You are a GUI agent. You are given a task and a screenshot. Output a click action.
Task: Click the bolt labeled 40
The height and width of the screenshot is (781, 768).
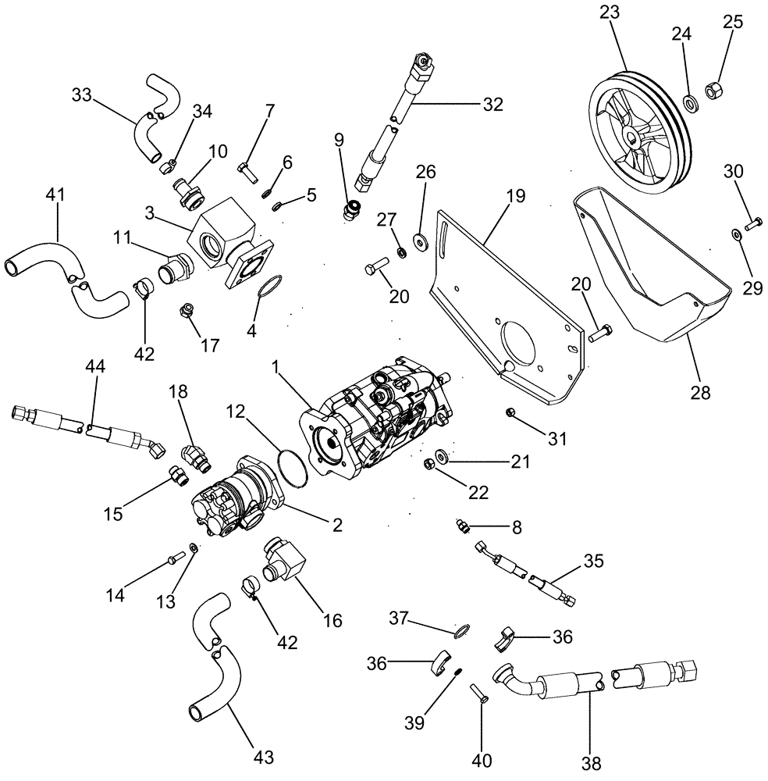point(478,694)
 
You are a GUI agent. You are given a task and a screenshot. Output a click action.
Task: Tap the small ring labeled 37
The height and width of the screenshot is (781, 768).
point(463,629)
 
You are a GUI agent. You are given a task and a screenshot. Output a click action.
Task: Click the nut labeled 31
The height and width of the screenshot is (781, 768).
point(510,411)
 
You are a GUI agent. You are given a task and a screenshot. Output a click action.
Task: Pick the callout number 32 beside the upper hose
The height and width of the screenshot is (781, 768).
point(492,102)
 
